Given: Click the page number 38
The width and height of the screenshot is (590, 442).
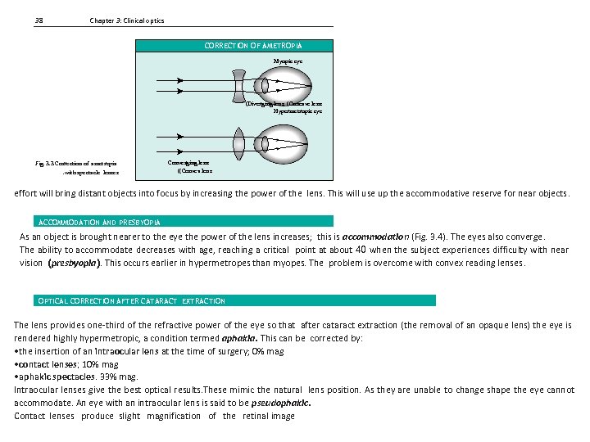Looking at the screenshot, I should tap(39, 20).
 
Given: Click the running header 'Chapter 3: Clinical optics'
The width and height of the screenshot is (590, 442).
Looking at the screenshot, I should tap(126, 20).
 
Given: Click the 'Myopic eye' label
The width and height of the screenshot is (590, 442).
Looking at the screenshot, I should tap(288, 61).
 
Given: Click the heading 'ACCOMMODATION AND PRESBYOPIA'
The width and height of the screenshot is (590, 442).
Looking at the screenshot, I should tap(100, 222).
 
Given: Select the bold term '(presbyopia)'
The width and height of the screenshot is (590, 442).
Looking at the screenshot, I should tap(77, 263).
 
